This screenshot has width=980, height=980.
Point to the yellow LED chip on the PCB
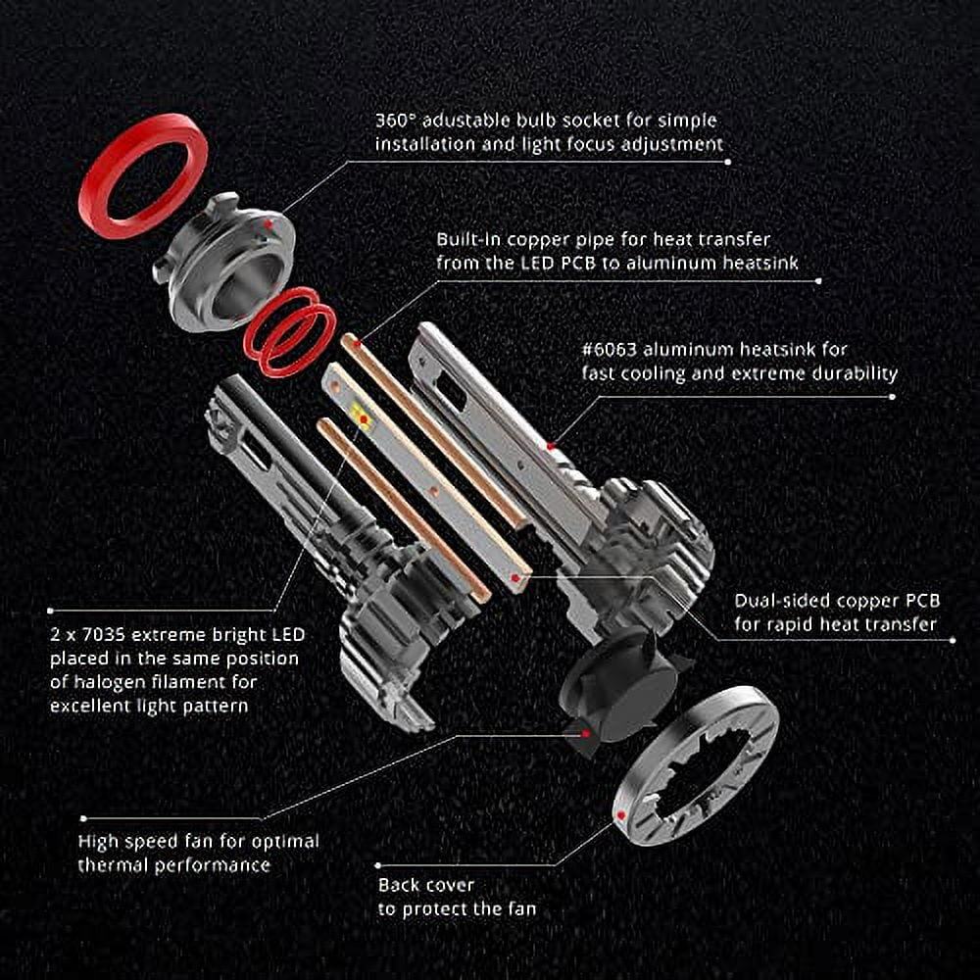coord(360,414)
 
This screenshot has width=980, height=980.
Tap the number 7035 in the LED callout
coord(105,635)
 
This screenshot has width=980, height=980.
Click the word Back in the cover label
coord(399,886)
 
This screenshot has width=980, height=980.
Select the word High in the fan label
coord(97,843)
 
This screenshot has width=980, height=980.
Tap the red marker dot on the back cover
coord(621,815)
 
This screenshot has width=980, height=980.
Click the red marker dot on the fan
coord(586,734)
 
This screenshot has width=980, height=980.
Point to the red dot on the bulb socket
coord(269,223)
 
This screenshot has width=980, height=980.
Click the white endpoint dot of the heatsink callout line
coord(892,396)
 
